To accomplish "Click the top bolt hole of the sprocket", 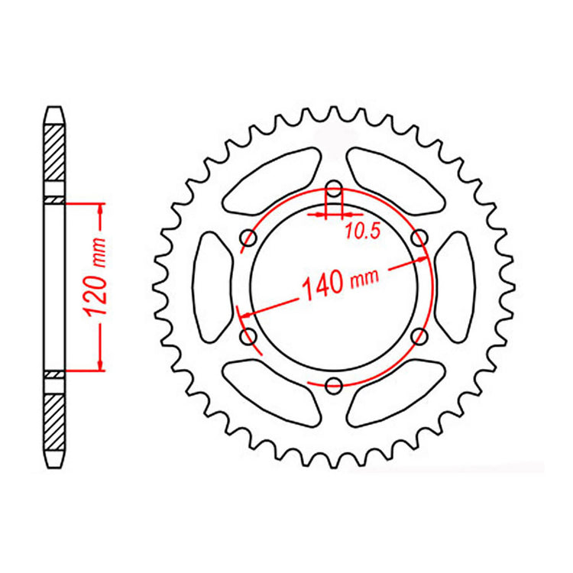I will pyautogui.click(x=333, y=190).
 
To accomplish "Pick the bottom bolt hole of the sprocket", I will pyautogui.click(x=333, y=384).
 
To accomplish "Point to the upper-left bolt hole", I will pyautogui.click(x=248, y=239).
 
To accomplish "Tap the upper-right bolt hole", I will pyautogui.click(x=418, y=239).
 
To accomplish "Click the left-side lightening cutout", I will pyautogui.click(x=212, y=287).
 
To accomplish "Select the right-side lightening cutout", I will pyautogui.click(x=455, y=287).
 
